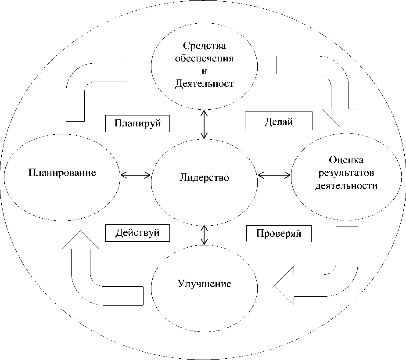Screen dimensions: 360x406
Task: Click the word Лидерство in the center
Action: pos(204,178)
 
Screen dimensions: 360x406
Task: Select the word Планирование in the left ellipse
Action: pos(62,172)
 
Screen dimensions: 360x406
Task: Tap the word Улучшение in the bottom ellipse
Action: pos(205,283)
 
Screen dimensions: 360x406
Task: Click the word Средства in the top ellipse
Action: pos(204,46)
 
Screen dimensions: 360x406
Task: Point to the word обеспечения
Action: pos(204,58)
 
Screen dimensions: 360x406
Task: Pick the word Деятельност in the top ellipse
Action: pos(204,83)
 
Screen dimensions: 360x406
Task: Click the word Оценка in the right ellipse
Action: pos(346,160)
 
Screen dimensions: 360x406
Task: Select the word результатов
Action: pos(346,173)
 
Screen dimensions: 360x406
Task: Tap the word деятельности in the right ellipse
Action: pos(346,185)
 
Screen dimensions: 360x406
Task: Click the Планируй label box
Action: pos(137,123)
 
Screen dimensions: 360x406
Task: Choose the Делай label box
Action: pos(278,122)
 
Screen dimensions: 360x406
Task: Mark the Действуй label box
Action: pos(137,233)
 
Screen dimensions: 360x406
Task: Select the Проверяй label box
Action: pos(279,233)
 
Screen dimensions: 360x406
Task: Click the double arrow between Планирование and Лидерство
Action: pos(135,175)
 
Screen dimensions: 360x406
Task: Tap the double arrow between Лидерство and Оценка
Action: pos(274,175)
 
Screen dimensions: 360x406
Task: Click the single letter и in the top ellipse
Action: pos(203,71)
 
